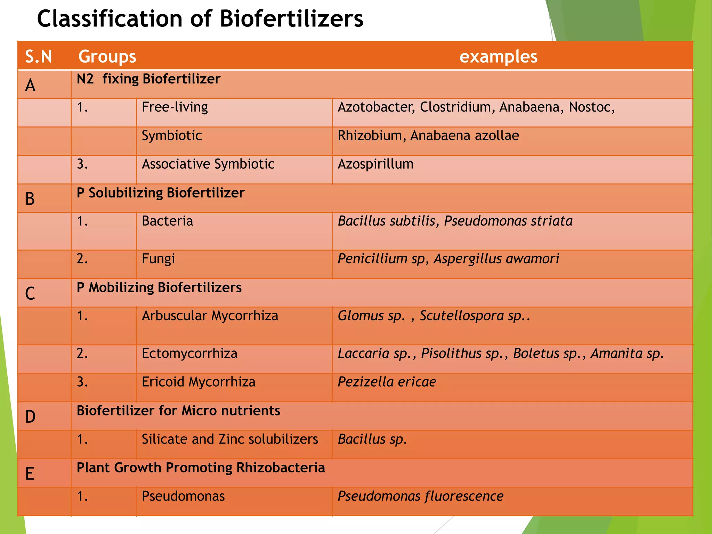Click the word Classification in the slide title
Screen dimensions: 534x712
click(109, 19)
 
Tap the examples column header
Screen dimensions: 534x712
click(498, 56)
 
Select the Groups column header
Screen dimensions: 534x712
click(107, 56)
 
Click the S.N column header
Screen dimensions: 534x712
click(38, 56)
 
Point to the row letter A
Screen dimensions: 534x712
click(30, 85)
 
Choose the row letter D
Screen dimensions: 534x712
click(30, 416)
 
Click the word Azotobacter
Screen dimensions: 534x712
click(376, 107)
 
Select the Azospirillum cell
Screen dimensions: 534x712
click(375, 164)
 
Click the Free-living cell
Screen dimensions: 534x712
click(175, 107)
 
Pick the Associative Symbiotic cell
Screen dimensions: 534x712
click(208, 164)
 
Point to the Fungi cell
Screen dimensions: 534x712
click(158, 259)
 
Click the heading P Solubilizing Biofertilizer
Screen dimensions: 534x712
click(160, 193)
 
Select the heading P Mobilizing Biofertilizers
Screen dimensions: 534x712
click(159, 288)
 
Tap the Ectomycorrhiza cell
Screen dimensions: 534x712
click(189, 354)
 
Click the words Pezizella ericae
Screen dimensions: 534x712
click(387, 382)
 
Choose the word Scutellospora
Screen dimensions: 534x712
click(462, 316)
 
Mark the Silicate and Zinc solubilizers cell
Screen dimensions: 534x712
click(229, 439)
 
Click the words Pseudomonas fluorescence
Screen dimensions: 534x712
click(420, 496)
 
